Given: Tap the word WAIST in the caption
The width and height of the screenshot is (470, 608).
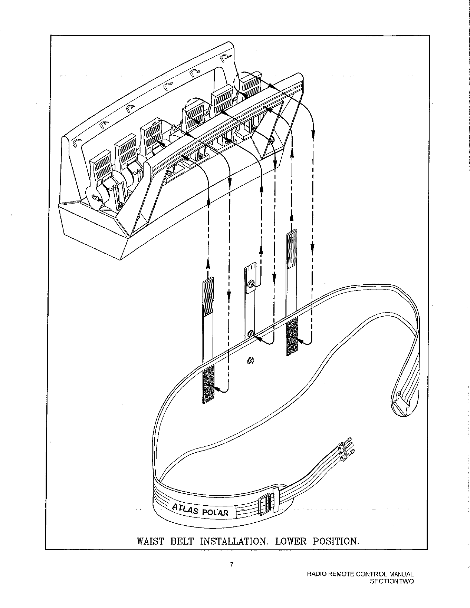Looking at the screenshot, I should pyautogui.click(x=150, y=541).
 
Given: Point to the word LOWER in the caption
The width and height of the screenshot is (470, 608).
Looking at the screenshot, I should pyautogui.click(x=291, y=541).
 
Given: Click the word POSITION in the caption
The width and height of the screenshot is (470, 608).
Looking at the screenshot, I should pyautogui.click(x=336, y=541).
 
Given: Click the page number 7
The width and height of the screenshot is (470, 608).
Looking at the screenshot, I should pyautogui.click(x=232, y=564).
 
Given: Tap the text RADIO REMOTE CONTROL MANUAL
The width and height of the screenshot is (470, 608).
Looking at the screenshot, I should pyautogui.click(x=359, y=575).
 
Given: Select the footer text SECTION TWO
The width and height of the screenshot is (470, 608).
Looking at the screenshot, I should pyautogui.click(x=392, y=581).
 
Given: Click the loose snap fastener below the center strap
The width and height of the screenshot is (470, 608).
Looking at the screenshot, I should pyautogui.click(x=250, y=361).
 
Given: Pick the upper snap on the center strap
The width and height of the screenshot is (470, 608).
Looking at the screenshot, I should pyautogui.click(x=251, y=284).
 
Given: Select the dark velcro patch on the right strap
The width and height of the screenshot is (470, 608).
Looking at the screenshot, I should pyautogui.click(x=292, y=336).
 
